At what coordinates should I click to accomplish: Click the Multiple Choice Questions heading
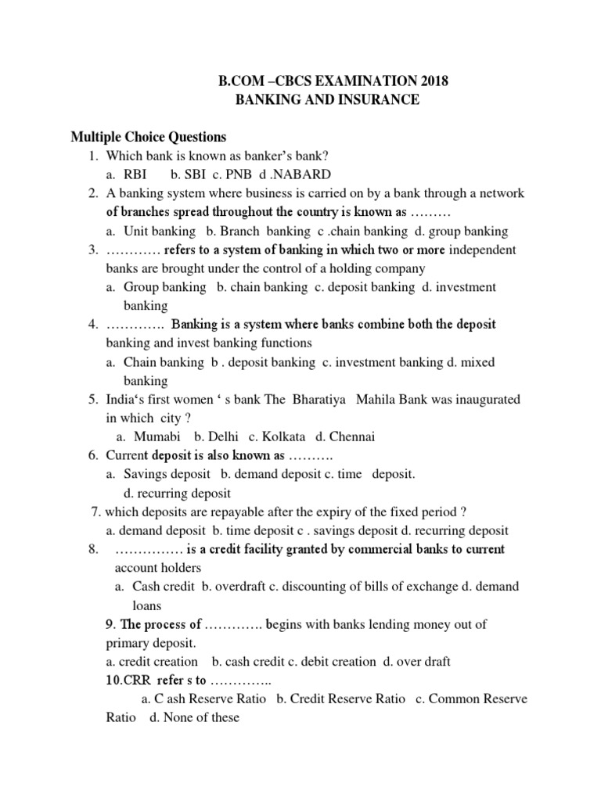[148, 137]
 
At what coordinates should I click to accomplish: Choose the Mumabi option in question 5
[157, 436]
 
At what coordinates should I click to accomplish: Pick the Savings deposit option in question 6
[167, 474]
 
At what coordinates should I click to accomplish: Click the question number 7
[95, 512]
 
